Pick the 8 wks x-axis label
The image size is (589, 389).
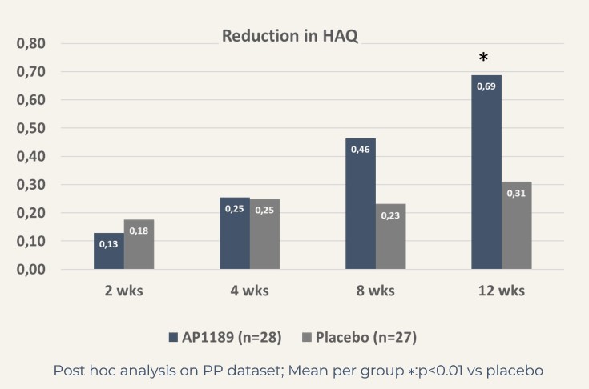click(376, 291)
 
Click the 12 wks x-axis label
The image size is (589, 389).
click(502, 291)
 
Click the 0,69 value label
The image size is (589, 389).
click(486, 85)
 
